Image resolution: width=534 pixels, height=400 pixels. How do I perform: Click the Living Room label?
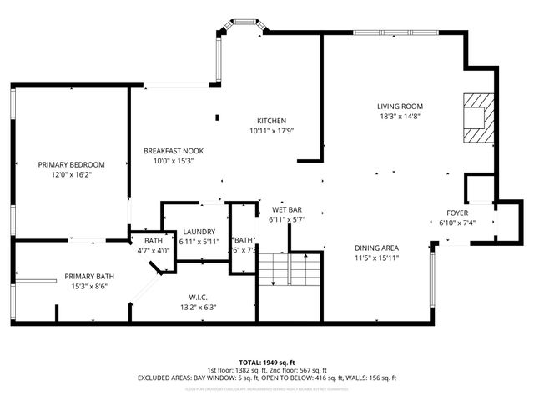(400, 106)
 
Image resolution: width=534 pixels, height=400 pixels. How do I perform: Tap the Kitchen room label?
(272, 120)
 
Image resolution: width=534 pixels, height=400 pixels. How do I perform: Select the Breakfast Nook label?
(174, 151)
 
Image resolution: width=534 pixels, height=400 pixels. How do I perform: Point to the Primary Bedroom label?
(71, 164)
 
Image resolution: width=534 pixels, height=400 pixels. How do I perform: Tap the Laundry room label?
(199, 232)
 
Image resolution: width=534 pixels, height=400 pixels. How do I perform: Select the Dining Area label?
(375, 247)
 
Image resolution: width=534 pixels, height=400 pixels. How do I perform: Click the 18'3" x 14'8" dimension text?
(400, 117)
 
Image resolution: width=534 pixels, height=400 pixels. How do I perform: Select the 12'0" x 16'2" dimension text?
(71, 175)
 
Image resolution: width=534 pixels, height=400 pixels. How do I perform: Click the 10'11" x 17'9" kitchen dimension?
(272, 131)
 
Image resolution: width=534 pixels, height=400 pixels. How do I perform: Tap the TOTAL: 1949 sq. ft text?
(267, 362)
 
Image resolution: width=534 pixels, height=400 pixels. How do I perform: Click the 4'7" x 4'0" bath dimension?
(154, 250)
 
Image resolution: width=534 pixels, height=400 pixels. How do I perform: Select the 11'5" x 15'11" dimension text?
(375, 257)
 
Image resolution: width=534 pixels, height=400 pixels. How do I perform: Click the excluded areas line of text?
(267, 377)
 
